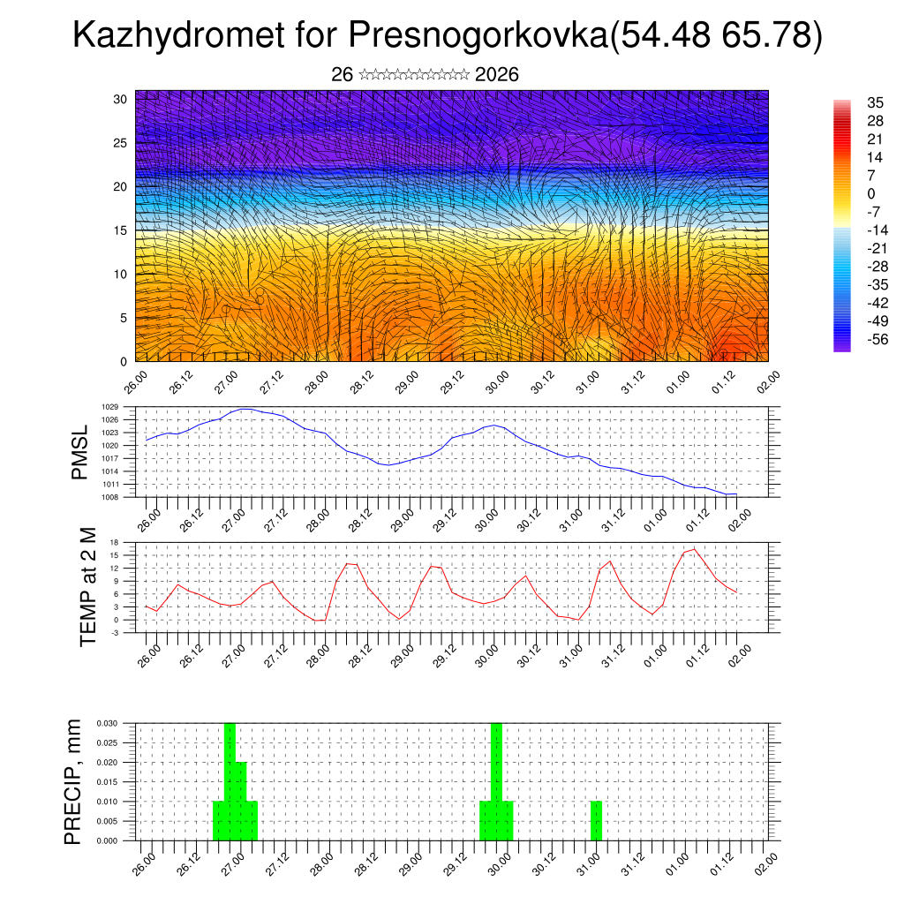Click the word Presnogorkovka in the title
(x=478, y=36)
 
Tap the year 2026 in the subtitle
(x=497, y=75)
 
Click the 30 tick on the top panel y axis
(x=121, y=99)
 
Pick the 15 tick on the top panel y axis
(x=121, y=230)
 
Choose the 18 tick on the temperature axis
(x=114, y=542)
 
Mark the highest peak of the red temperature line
(x=695, y=549)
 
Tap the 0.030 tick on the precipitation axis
(x=106, y=723)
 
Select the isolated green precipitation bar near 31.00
(x=597, y=820)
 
